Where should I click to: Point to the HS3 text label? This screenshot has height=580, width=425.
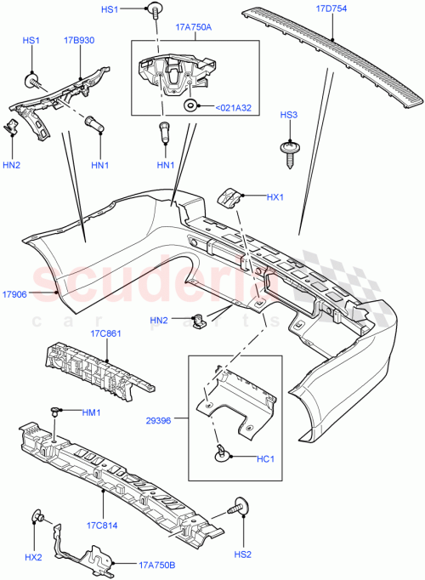tap(289, 114)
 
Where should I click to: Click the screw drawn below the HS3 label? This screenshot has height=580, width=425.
tap(290, 151)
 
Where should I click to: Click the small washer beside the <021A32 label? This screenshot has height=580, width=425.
tap(190, 105)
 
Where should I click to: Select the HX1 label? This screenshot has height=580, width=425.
tap(275, 198)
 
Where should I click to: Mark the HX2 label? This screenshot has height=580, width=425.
tap(33, 558)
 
